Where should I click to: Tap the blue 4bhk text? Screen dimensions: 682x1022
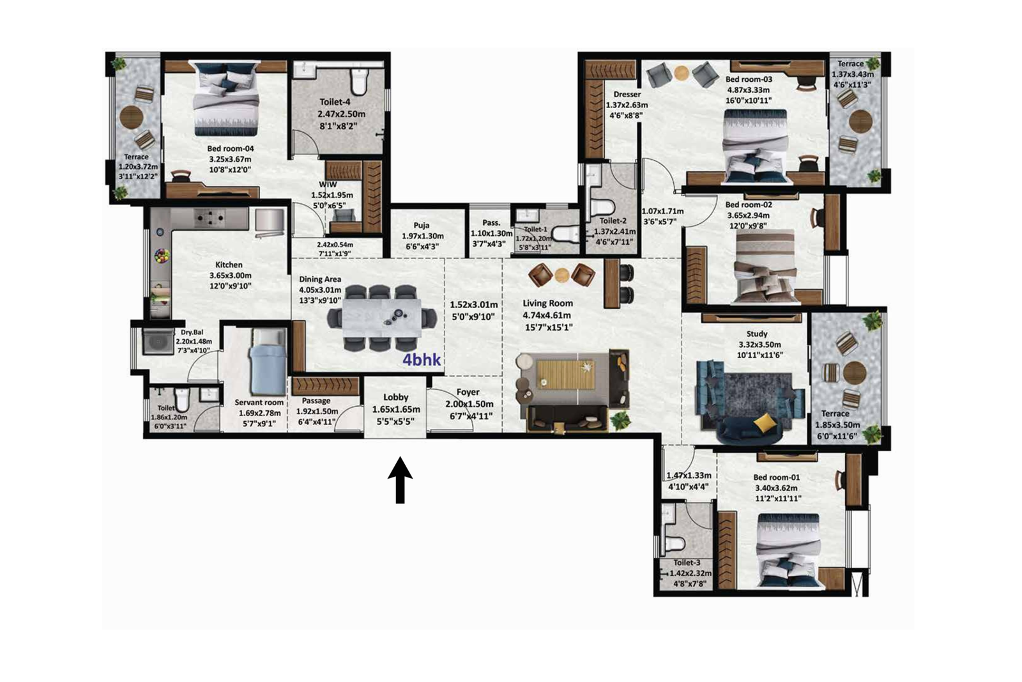(422, 360)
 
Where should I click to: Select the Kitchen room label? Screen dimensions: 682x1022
(229, 265)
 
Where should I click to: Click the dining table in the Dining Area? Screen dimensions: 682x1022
(381, 318)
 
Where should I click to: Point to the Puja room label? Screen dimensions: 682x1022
(421, 226)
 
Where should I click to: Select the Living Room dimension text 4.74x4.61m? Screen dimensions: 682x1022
(547, 315)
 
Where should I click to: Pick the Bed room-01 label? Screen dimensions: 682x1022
(776, 477)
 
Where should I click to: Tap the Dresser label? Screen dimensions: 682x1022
(627, 94)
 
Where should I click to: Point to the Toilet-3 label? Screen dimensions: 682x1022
(687, 562)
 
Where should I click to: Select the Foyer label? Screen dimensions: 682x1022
(468, 392)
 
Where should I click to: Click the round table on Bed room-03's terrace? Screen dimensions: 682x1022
(860, 120)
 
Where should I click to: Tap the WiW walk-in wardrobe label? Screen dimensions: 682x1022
(328, 185)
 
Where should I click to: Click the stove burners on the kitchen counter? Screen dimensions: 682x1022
(210, 219)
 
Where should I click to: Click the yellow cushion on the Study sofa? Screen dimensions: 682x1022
(765, 422)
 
